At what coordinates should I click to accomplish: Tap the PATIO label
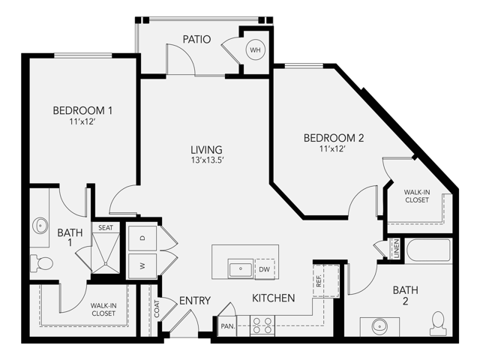click(x=196, y=39)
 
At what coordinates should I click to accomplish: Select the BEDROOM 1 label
click(x=82, y=111)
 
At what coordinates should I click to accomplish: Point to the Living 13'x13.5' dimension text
click(x=206, y=160)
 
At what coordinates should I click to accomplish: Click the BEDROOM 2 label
click(x=334, y=138)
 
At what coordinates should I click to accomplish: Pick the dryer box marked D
click(x=143, y=237)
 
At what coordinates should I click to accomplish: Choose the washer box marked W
click(x=143, y=264)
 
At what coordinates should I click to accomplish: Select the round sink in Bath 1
click(x=39, y=226)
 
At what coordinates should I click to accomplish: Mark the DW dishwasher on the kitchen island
click(x=263, y=268)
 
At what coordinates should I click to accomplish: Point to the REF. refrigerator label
click(x=318, y=281)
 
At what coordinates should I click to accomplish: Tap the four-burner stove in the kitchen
click(x=262, y=325)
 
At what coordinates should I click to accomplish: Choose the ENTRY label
click(x=195, y=301)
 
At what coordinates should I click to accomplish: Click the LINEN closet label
click(x=395, y=250)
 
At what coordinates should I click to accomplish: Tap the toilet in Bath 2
click(x=437, y=322)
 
